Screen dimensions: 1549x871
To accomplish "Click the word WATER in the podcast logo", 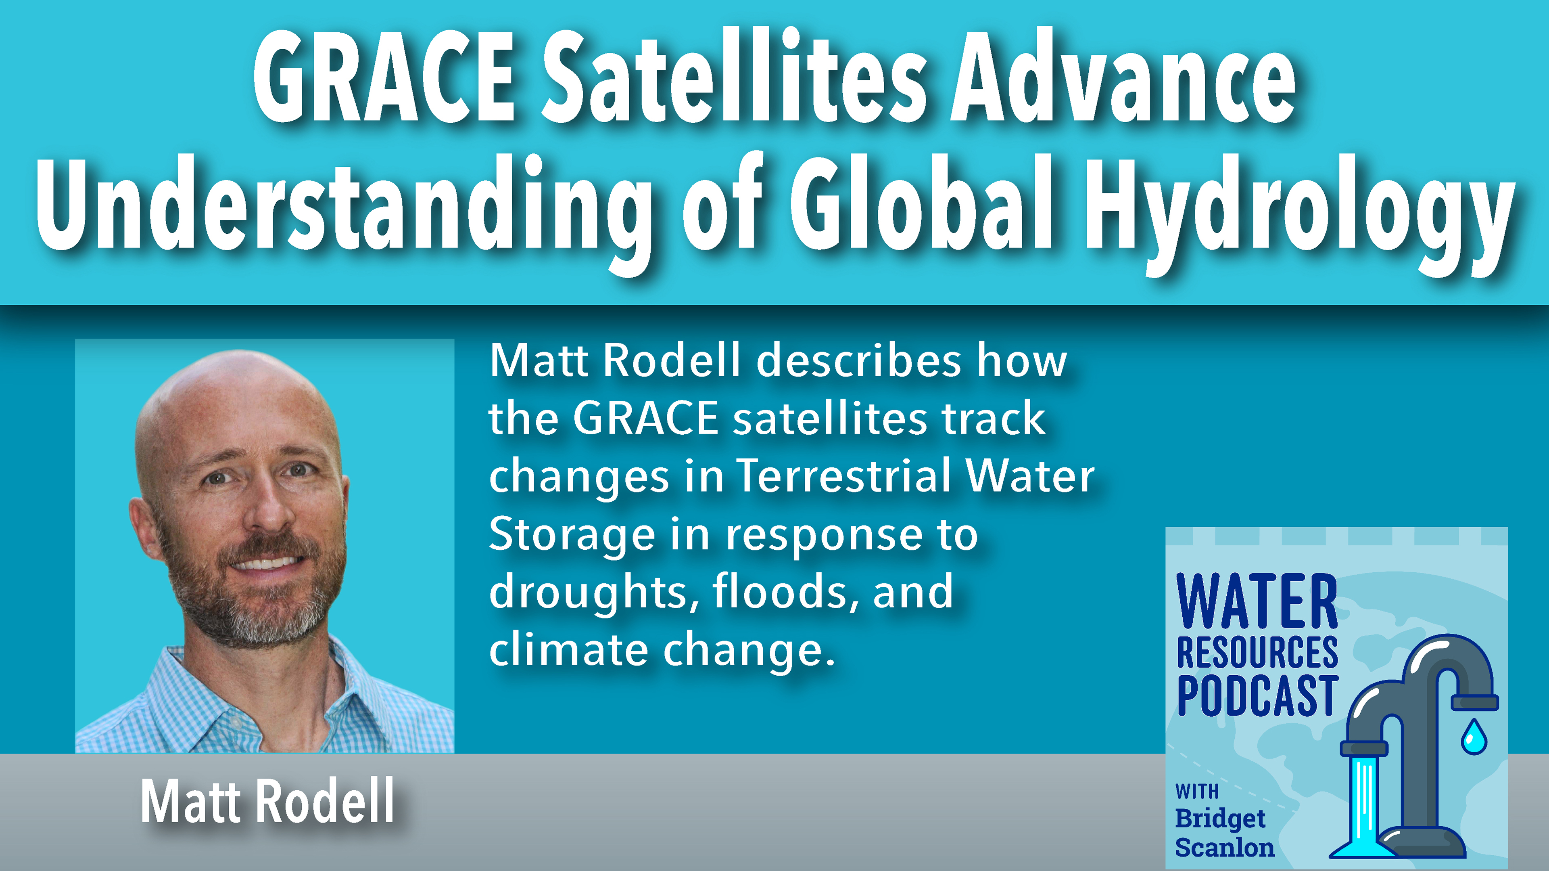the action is pyautogui.click(x=1257, y=601).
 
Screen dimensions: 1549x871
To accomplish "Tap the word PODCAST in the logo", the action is pyautogui.click(x=1257, y=695).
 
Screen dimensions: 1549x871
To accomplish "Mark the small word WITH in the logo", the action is pyautogui.click(x=1196, y=791).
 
